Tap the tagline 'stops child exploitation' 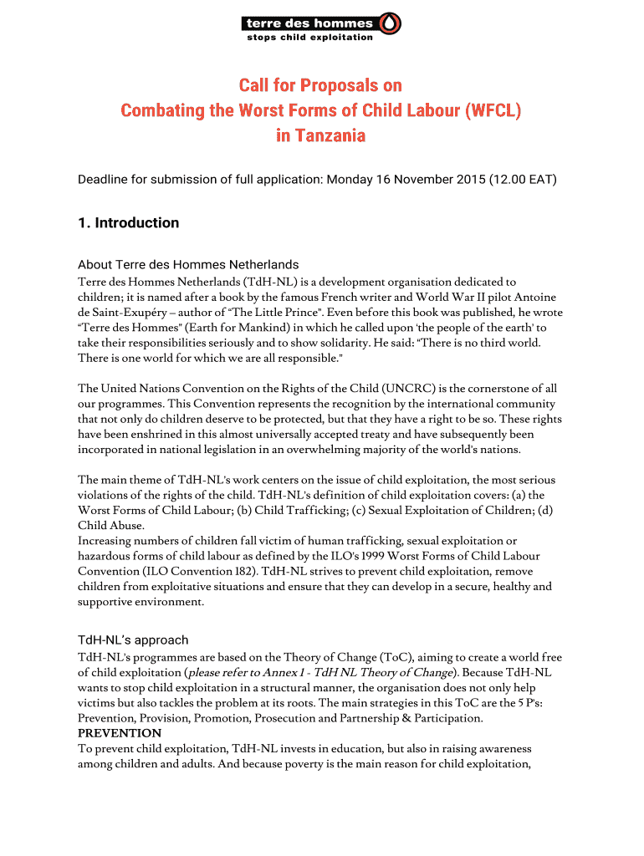click(309, 38)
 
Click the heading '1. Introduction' click(128, 222)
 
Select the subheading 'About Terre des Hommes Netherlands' click(188, 265)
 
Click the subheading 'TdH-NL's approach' click(133, 640)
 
